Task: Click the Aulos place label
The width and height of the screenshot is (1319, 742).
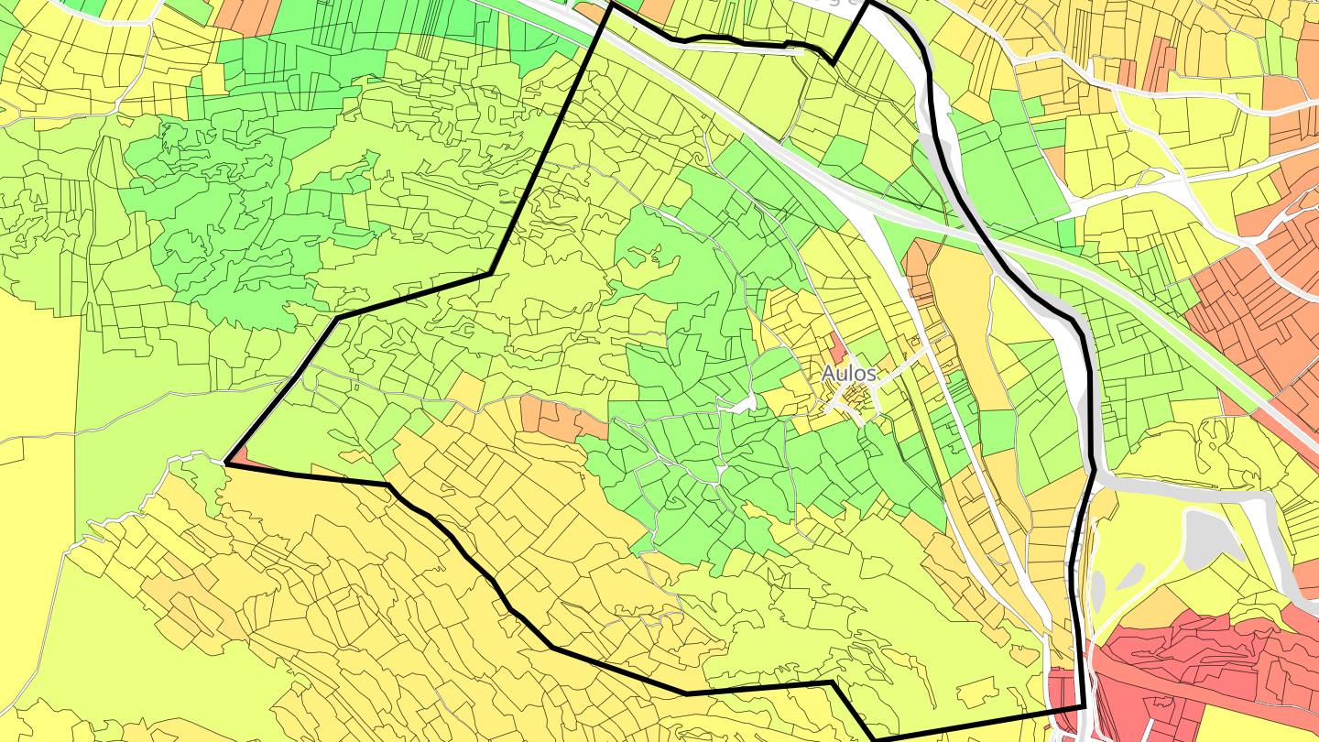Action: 848,374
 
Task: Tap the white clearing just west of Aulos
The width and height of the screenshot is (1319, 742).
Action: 744,402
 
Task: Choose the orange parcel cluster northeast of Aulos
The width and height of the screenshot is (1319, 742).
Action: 920,267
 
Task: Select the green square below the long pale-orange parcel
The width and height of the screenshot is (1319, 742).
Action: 997,431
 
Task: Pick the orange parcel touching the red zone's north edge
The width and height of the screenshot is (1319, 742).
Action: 1159,606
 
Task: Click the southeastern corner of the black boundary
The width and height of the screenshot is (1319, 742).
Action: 1084,706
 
